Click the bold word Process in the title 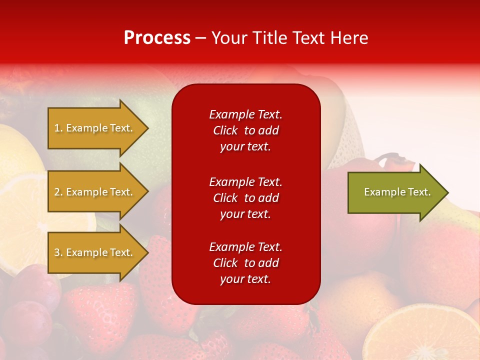157,38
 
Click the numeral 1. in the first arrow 58,128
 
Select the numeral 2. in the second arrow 58,192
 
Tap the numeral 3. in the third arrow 58,252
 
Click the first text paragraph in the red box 245,130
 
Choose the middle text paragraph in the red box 245,198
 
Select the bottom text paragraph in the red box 245,263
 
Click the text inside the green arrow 397,192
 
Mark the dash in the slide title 200,38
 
